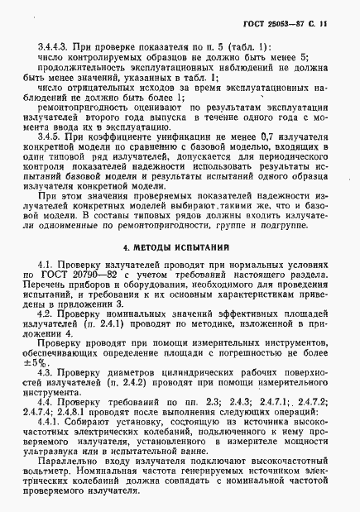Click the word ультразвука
pyautogui.click(x=53, y=453)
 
